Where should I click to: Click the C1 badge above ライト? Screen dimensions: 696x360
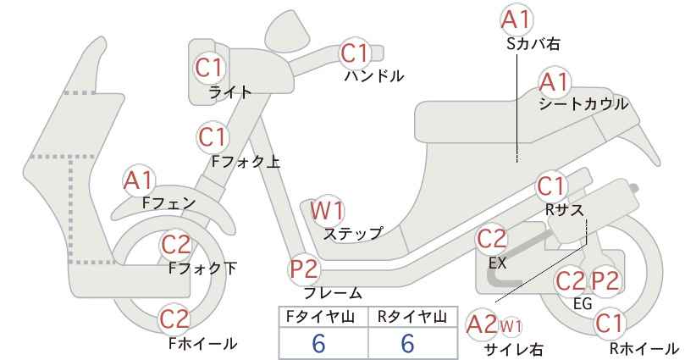(209, 68)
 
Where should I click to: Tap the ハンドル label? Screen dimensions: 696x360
(374, 76)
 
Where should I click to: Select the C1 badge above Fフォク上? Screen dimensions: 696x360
(213, 136)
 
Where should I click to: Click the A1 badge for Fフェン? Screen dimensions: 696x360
(139, 181)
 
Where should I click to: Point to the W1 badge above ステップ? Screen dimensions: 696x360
(327, 210)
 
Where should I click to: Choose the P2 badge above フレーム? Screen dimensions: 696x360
(305, 269)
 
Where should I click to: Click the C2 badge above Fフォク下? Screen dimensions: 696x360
(175, 244)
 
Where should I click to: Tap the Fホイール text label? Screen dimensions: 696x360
(203, 343)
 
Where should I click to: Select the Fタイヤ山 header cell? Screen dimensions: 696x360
(323, 317)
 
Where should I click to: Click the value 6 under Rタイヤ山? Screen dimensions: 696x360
(407, 343)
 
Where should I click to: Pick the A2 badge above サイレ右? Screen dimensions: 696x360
(482, 325)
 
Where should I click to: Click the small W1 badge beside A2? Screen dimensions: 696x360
(511, 327)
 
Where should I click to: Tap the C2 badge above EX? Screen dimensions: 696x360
(491, 239)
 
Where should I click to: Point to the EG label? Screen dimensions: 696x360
(583, 303)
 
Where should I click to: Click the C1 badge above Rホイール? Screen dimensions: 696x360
(609, 324)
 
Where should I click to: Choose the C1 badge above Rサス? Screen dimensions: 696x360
(551, 186)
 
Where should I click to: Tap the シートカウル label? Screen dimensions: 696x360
(583, 104)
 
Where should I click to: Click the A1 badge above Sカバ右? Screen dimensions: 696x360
(516, 20)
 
